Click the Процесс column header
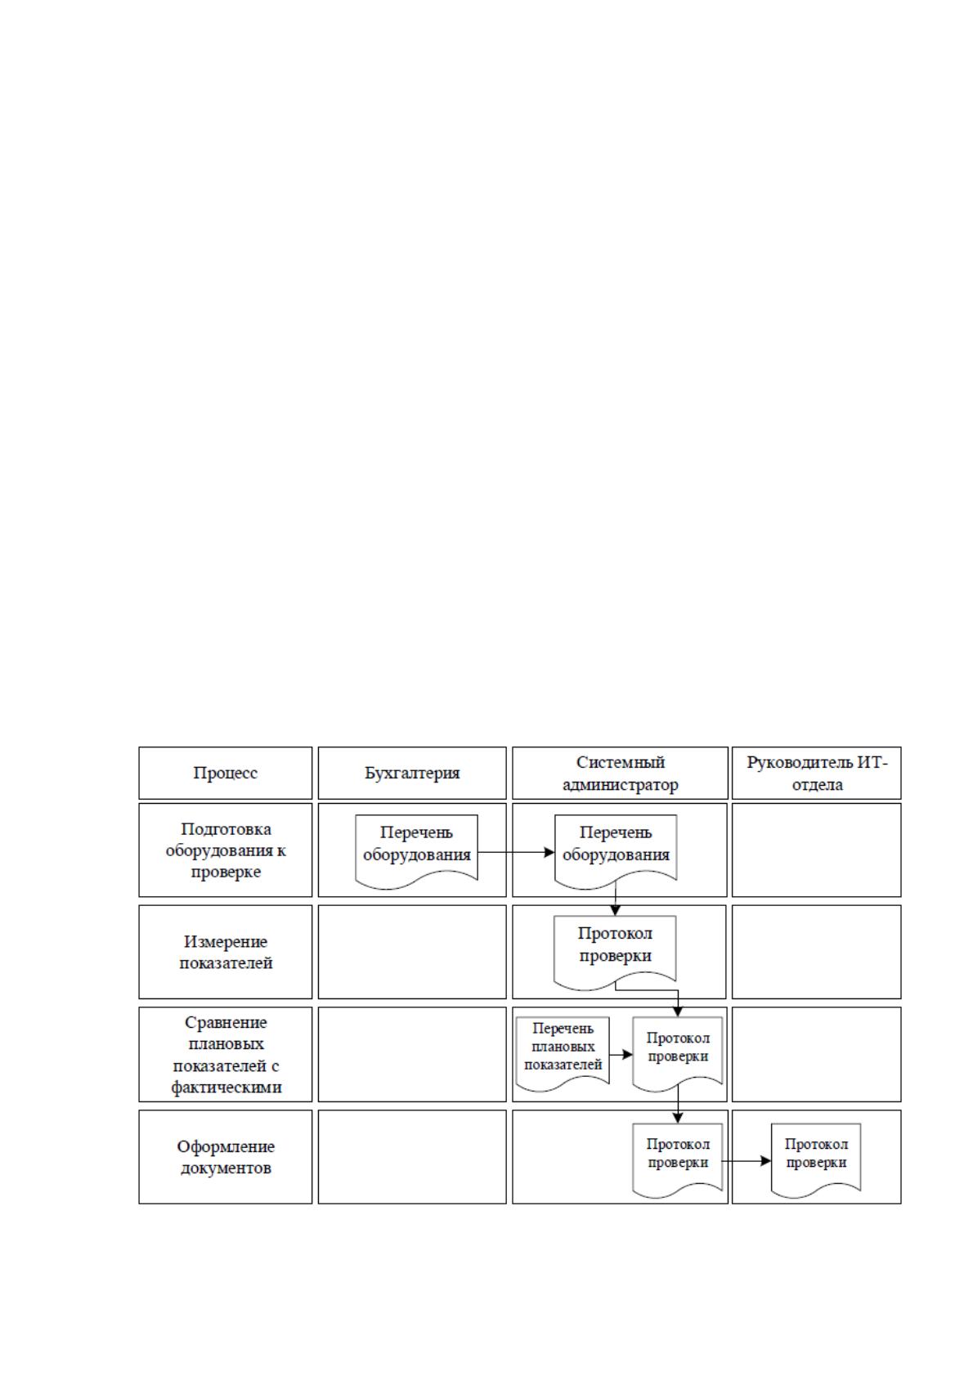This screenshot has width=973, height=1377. click(225, 773)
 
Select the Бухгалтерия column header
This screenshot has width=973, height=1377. click(412, 773)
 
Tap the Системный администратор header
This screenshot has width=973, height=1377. click(621, 773)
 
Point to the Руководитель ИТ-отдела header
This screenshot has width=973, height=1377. click(816, 773)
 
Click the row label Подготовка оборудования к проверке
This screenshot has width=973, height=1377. click(226, 850)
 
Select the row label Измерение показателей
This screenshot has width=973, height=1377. click(226, 952)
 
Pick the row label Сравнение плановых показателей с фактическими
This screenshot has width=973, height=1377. click(226, 1054)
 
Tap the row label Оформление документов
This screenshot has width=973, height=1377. click(226, 1157)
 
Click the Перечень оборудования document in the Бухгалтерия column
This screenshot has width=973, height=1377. click(417, 851)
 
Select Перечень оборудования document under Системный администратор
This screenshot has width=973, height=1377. click(616, 851)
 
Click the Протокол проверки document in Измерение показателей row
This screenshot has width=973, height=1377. click(615, 953)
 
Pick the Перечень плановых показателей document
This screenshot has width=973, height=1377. click(563, 1053)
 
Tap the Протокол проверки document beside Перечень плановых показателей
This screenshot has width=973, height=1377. click(677, 1053)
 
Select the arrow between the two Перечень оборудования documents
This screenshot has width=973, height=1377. click(516, 853)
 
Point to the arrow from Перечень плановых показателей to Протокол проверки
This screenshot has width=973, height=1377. click(621, 1054)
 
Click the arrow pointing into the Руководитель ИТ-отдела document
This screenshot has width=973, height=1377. click(747, 1160)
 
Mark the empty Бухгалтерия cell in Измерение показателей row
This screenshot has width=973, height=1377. click(412, 952)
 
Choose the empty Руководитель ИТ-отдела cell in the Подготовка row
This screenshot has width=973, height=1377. click(816, 850)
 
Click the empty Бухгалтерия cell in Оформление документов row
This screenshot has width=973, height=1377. click(412, 1157)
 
